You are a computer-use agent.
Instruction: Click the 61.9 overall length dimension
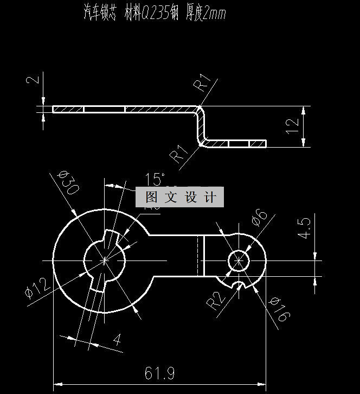click(159, 373)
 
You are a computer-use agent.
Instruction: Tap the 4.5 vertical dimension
click(304, 228)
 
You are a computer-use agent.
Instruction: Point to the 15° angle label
click(155, 179)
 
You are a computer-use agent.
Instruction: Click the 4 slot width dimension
click(117, 340)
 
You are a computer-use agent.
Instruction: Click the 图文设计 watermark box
click(179, 197)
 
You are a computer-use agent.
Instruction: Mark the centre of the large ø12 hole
click(105, 260)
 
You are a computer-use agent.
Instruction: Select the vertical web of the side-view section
click(202, 126)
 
